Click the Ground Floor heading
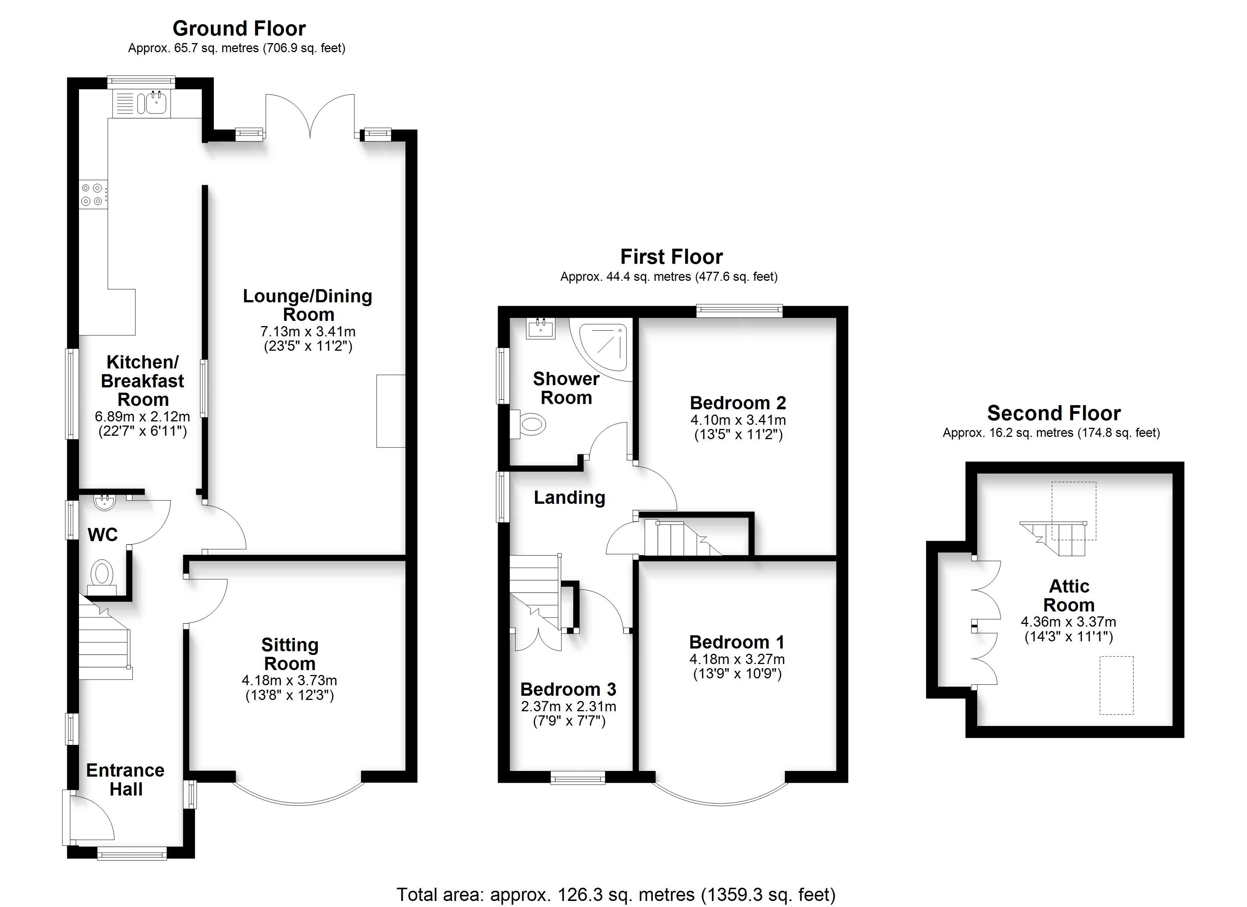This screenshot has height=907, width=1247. [239, 28]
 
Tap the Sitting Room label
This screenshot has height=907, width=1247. [290, 654]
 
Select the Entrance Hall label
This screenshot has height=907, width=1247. [125, 779]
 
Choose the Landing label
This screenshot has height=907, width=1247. [569, 497]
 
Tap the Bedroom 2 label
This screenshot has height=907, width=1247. [738, 402]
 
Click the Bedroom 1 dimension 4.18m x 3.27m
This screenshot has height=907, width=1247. [737, 659]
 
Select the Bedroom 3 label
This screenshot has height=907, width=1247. [568, 689]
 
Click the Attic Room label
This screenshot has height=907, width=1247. [1069, 595]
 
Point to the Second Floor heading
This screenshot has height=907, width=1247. [1054, 413]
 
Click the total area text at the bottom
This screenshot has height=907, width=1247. [616, 895]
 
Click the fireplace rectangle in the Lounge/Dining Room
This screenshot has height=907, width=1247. [391, 411]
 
